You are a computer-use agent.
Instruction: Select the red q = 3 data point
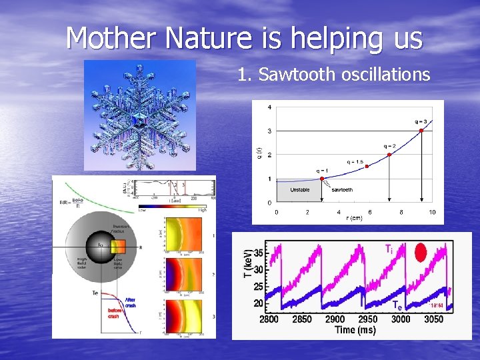click(421, 130)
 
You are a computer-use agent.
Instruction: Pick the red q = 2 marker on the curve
click(389, 153)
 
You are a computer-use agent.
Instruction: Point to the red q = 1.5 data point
click(367, 167)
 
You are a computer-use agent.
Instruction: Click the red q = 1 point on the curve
click(322, 179)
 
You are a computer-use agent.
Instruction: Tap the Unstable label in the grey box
click(299, 190)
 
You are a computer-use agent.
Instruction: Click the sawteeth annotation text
click(342, 190)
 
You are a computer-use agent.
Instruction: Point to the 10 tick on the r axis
click(432, 212)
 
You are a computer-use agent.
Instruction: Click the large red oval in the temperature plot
click(421, 253)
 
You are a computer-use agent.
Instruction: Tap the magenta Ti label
click(388, 249)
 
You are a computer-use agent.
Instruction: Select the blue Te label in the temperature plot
click(397, 305)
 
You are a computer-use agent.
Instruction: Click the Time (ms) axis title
click(354, 330)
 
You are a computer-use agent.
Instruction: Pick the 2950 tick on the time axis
click(367, 319)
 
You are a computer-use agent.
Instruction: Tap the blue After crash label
click(130, 303)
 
